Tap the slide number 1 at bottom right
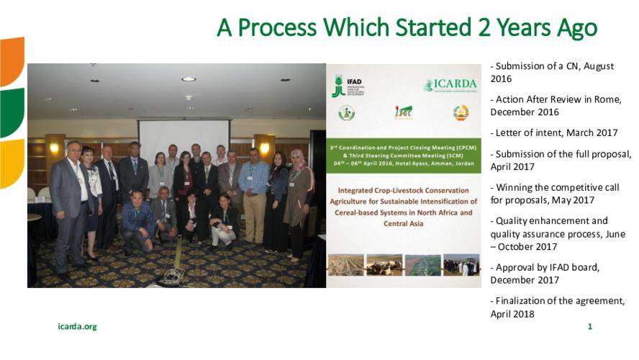point(590,327)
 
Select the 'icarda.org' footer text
point(77,327)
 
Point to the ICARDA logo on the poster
point(450,85)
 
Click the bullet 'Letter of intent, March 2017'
point(553,133)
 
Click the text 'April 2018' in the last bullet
point(513,313)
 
